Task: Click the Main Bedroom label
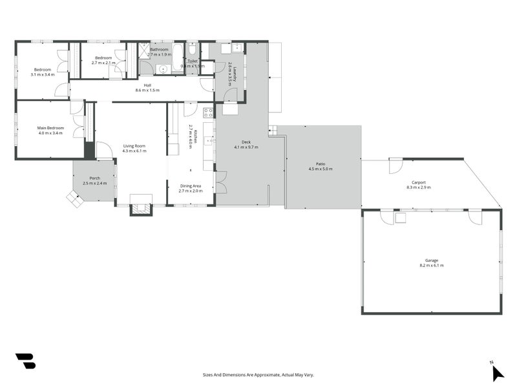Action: tap(50, 128)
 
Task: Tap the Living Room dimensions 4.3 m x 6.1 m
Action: tap(134, 151)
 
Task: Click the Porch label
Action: tap(94, 178)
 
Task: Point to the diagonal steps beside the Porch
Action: tap(74, 199)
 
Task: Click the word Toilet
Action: tap(192, 61)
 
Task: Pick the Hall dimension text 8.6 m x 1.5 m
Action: tap(147, 91)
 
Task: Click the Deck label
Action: tap(246, 142)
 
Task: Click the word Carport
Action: tap(418, 182)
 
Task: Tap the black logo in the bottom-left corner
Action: tap(25, 361)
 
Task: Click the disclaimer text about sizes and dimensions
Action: tap(258, 374)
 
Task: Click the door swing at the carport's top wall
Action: tap(394, 166)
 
